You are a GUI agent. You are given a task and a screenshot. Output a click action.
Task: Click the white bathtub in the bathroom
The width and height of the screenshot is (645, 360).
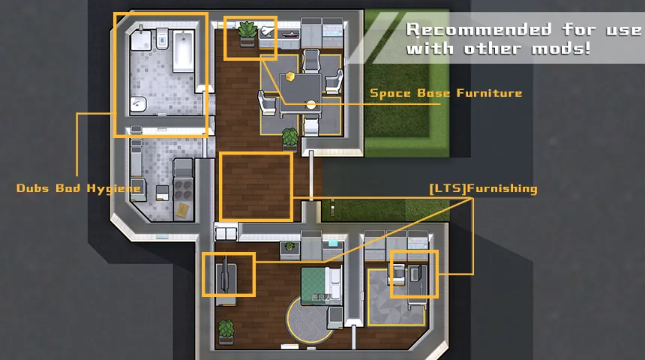pyautogui.click(x=183, y=51)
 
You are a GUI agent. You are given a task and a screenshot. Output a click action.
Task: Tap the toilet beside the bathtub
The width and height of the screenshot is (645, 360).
pyautogui.click(x=162, y=39)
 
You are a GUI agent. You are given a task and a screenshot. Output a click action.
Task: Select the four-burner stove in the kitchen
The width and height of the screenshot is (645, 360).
pyautogui.click(x=183, y=188)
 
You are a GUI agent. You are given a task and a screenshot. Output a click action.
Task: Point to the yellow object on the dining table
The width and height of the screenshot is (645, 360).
pyautogui.click(x=291, y=76)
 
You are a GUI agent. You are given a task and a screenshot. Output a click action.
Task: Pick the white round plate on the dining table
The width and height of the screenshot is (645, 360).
pyautogui.click(x=311, y=105)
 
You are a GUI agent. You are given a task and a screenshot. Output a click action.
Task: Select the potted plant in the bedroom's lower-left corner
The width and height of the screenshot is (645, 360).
pyautogui.click(x=226, y=331)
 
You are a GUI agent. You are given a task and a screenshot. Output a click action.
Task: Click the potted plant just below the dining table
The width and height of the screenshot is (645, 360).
pyautogui.click(x=290, y=139)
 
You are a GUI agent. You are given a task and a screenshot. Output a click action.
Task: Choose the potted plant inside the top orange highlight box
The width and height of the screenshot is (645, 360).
pyautogui.click(x=247, y=33)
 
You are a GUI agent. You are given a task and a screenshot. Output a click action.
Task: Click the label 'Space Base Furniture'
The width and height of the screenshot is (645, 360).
pyautogui.click(x=446, y=94)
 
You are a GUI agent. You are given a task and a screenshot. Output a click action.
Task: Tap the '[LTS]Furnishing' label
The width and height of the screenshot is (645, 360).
pyautogui.click(x=483, y=188)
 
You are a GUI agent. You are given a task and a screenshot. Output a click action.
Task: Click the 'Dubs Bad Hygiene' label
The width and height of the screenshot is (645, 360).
pyautogui.click(x=78, y=188)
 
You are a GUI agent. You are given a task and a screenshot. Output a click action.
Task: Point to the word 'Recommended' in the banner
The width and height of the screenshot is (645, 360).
pyautogui.click(x=478, y=29)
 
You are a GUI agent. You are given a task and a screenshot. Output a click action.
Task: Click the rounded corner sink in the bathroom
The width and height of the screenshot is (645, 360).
pyautogui.click(x=138, y=104)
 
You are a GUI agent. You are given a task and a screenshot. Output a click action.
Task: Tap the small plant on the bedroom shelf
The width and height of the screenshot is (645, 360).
pyautogui.click(x=290, y=247)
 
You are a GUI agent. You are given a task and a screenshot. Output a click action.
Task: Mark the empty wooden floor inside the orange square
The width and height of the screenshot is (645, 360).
pyautogui.click(x=256, y=187)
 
